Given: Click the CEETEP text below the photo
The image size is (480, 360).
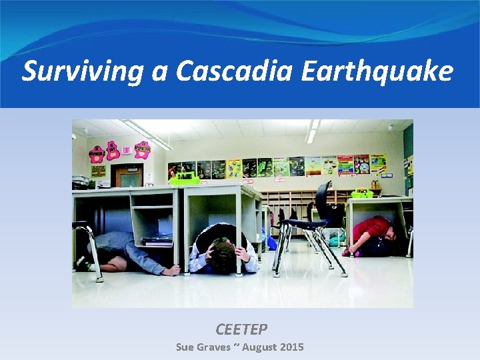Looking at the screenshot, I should tap(241, 329).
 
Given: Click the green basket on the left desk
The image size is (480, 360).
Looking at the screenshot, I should tap(185, 179).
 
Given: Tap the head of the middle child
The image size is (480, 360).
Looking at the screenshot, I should tap(223, 255).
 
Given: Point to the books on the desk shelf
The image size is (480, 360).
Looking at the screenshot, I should tap(157, 240).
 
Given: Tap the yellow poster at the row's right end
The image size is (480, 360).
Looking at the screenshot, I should tap(378, 164).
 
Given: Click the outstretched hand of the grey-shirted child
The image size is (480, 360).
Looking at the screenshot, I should tap(172, 270).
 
